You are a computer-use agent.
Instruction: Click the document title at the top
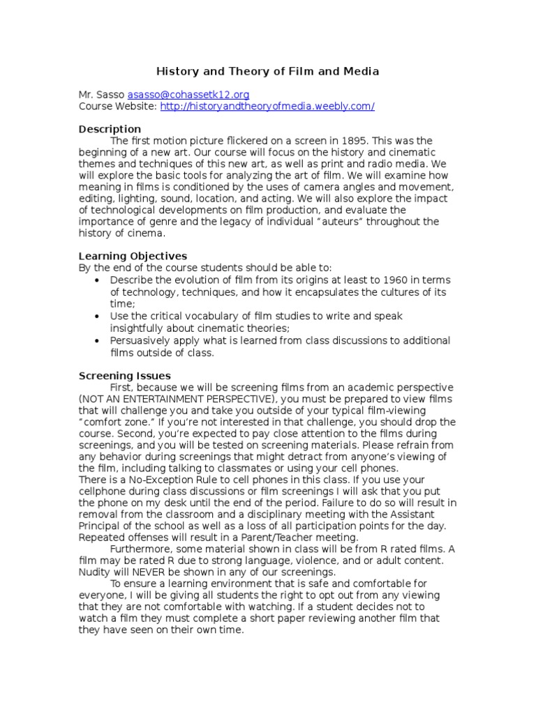pyautogui.click(x=267, y=71)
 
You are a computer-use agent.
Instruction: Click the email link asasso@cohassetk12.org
pyautogui.click(x=188, y=94)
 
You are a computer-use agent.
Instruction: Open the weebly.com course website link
pyautogui.click(x=267, y=106)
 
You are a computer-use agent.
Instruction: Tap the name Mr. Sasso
pyautogui.click(x=100, y=94)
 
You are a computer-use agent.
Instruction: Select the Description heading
pyautogui.click(x=110, y=129)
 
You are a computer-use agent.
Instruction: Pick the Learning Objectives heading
pyautogui.click(x=133, y=256)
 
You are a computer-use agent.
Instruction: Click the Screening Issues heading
pyautogui.click(x=125, y=376)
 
